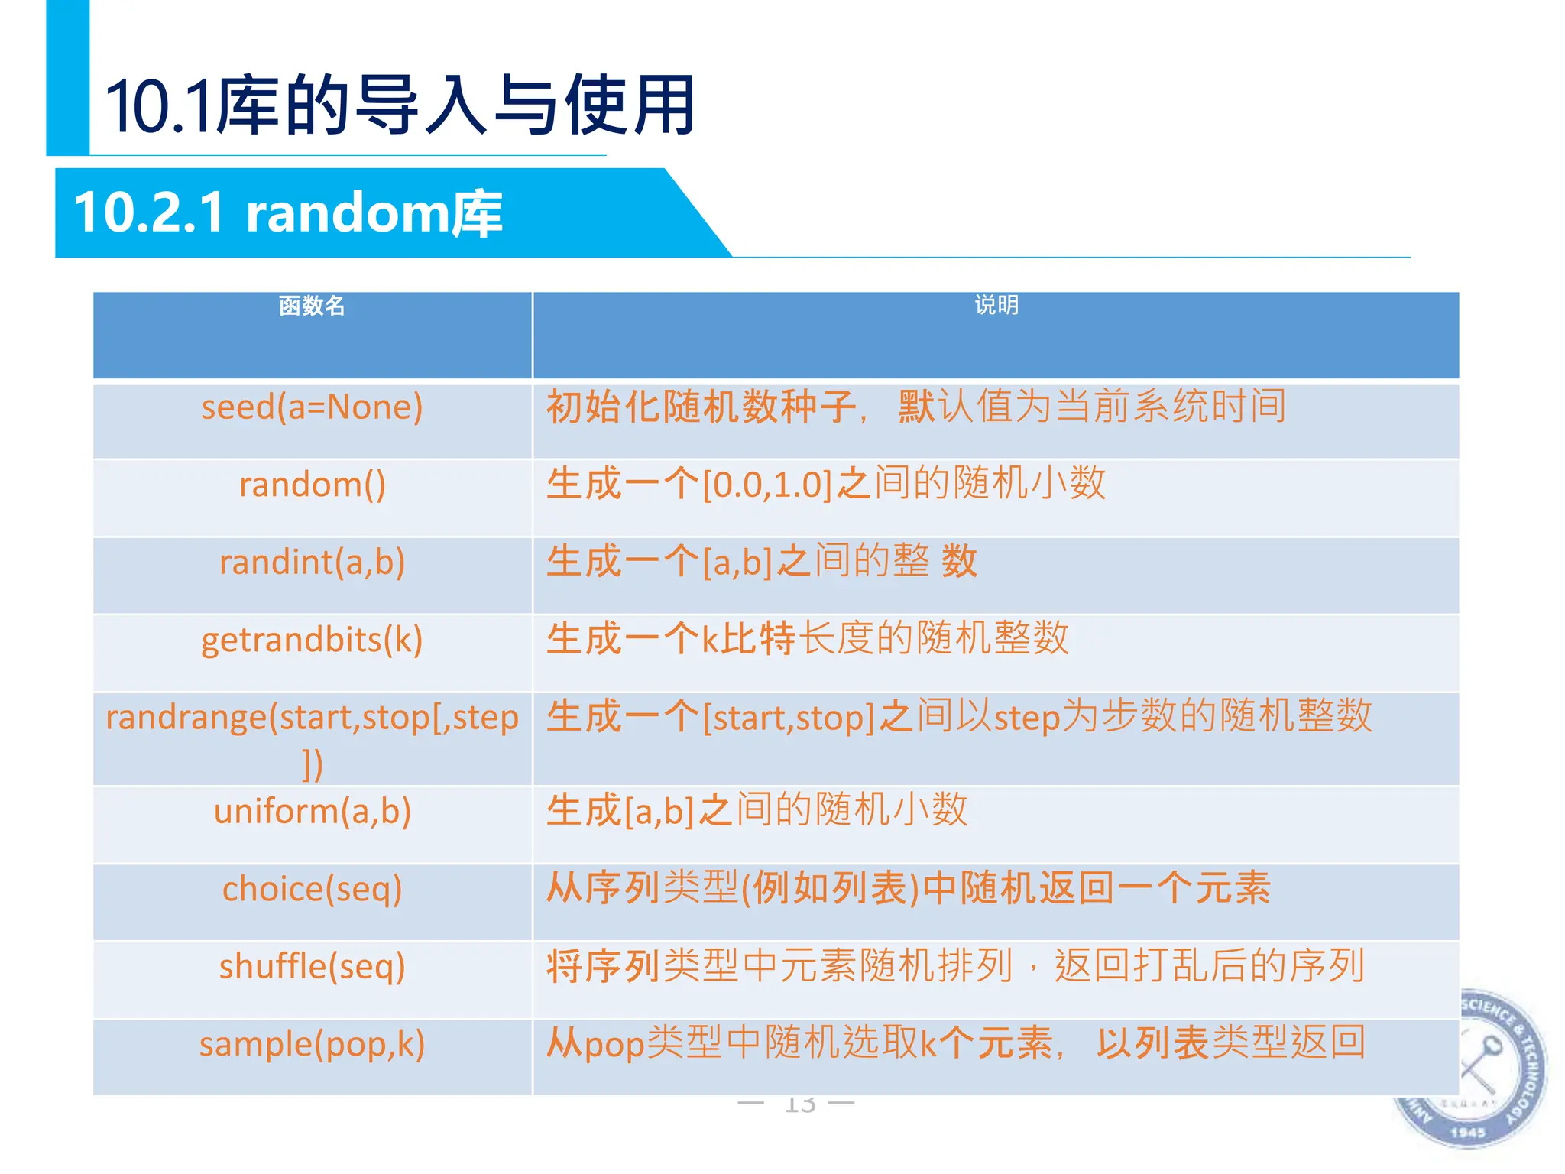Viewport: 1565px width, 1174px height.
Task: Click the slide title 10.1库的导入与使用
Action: (x=400, y=105)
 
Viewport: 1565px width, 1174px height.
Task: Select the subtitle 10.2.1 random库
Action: (x=288, y=212)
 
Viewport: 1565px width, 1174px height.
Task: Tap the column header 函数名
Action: (x=312, y=306)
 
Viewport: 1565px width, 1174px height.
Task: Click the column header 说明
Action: (x=996, y=306)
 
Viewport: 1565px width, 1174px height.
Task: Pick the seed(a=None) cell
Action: (x=312, y=407)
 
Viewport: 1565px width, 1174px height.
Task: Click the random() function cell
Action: (x=312, y=485)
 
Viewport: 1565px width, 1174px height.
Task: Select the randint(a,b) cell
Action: (x=312, y=563)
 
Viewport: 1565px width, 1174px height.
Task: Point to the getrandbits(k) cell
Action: (x=312, y=641)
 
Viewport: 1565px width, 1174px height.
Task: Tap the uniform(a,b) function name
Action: (x=312, y=812)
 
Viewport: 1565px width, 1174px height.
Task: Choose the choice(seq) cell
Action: (x=312, y=890)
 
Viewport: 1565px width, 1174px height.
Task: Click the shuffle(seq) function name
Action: (x=312, y=967)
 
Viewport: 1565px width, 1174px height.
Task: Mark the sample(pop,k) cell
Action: (x=312, y=1045)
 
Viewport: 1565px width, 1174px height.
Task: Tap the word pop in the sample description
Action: (x=614, y=1045)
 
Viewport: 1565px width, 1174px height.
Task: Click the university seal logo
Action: (x=1471, y=1070)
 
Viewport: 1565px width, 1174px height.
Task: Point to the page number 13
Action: (x=799, y=1104)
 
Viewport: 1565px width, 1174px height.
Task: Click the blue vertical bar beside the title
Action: (x=67, y=76)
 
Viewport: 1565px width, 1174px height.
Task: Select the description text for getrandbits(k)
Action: (x=807, y=639)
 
